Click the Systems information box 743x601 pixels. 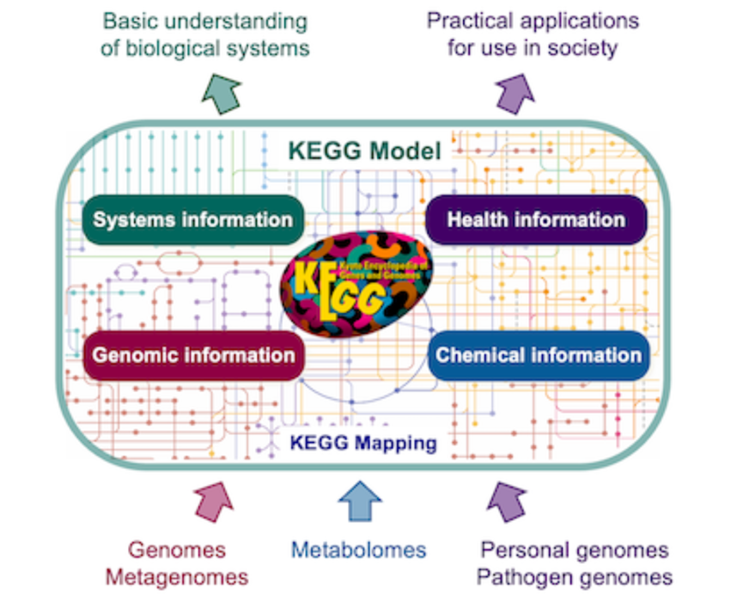tap(192, 220)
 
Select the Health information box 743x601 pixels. tap(536, 220)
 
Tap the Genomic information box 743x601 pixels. tap(193, 355)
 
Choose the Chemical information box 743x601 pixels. tap(539, 355)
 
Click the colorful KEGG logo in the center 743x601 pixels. tap(356, 289)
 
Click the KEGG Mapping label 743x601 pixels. tap(362, 444)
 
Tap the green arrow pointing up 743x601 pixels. tap(221, 92)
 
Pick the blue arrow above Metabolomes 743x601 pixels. tap(359, 503)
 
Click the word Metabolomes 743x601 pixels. tap(358, 549)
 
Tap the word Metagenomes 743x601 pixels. tap(177, 577)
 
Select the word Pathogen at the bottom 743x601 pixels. tap(520, 576)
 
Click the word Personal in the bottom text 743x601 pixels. tap(526, 549)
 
